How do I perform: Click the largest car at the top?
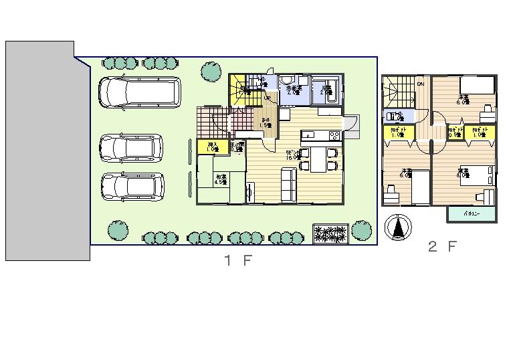[x=140, y=92]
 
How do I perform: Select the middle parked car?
[x=131, y=148]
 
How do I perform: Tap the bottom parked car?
[x=132, y=186]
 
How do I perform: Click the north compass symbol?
[x=399, y=228]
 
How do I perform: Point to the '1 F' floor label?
[x=237, y=261]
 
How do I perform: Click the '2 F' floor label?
[x=442, y=246]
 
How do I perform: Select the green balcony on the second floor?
[x=472, y=214]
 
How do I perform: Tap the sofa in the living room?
[x=288, y=184]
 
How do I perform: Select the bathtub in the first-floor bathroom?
[x=328, y=91]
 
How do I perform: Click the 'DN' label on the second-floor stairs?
[x=421, y=84]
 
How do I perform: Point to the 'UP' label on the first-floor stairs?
[x=266, y=98]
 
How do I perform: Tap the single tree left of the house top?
[x=211, y=70]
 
